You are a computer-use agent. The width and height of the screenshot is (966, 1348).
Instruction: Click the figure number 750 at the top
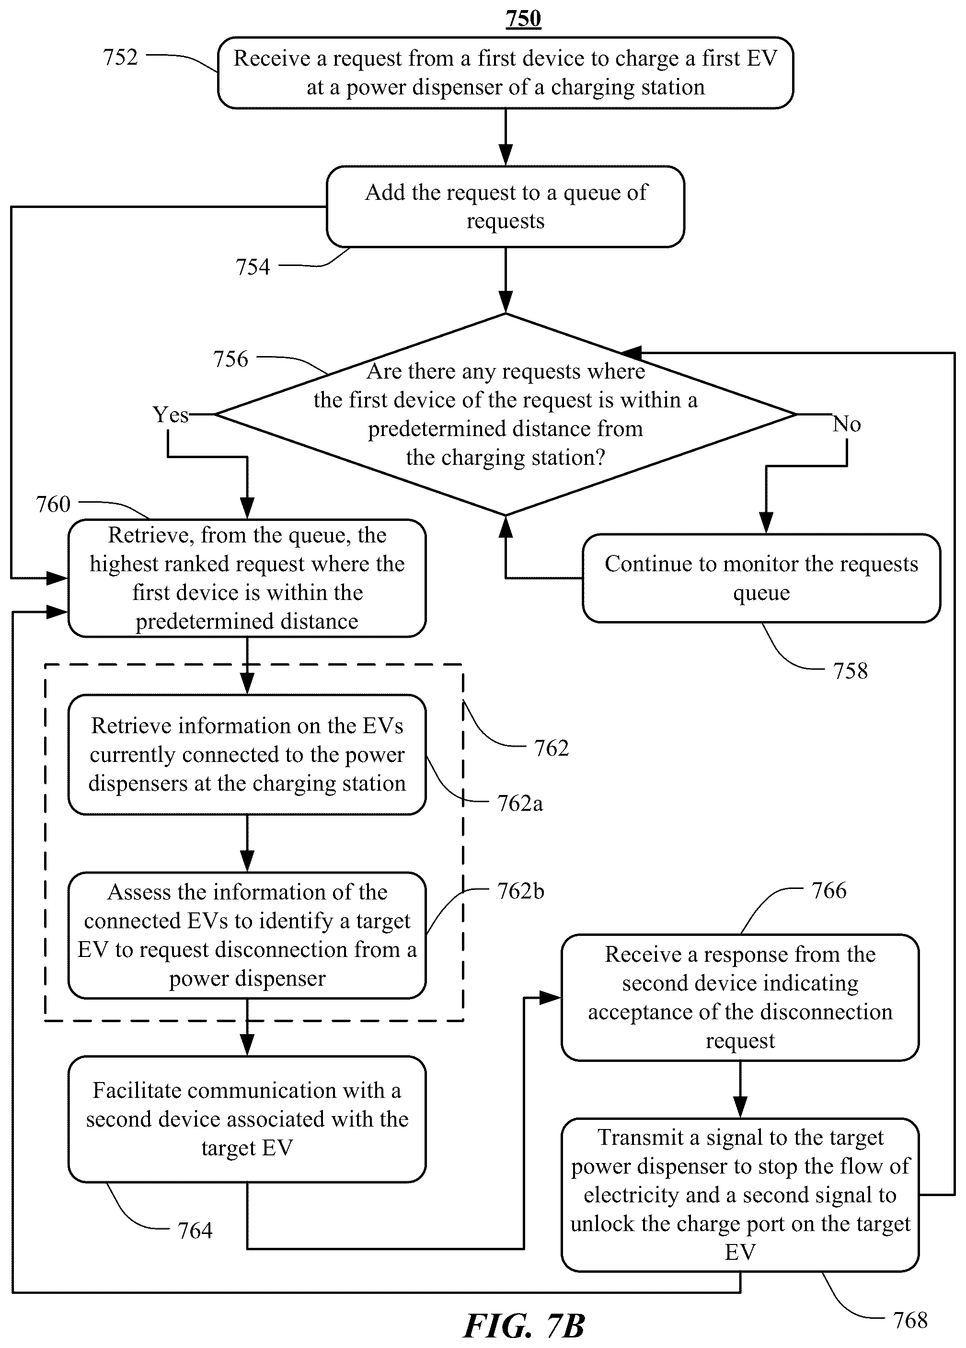tap(523, 18)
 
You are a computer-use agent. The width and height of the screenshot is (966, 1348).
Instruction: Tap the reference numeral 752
tap(120, 57)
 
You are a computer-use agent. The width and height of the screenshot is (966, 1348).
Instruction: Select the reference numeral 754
tap(253, 267)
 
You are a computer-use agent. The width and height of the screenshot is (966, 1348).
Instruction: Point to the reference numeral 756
tap(230, 358)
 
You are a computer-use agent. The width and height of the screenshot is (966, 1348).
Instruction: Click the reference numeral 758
tap(850, 670)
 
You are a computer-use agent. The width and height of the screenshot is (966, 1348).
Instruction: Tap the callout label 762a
tap(519, 803)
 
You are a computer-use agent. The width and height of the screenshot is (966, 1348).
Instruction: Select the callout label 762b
tap(520, 891)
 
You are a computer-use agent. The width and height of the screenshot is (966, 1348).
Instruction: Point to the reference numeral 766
tap(828, 890)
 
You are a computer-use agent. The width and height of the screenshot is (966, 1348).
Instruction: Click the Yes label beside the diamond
tap(171, 414)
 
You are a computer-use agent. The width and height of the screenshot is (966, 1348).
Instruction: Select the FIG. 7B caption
tap(524, 1325)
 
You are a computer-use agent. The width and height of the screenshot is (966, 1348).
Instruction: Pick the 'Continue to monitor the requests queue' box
tap(761, 578)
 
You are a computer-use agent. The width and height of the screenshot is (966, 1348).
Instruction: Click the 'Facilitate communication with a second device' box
tap(247, 1118)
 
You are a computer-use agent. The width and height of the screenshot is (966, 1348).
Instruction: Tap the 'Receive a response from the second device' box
tap(740, 997)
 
